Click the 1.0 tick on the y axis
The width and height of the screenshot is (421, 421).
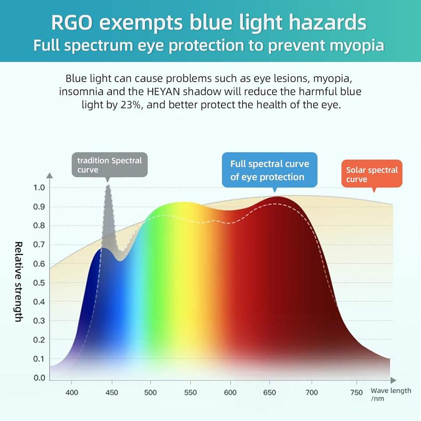39,188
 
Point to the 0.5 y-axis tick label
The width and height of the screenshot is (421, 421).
39,283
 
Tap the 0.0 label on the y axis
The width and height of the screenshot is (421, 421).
39,378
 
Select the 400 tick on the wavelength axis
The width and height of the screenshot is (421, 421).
72,392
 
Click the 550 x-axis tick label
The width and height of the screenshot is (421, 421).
190,392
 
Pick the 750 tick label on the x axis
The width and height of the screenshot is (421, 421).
357,392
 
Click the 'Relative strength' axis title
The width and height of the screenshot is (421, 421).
18,281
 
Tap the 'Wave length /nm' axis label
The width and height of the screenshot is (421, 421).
391,394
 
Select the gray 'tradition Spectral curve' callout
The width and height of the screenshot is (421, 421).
109,165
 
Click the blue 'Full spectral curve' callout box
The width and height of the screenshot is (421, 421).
269,170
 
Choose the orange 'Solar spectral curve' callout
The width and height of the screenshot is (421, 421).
371,174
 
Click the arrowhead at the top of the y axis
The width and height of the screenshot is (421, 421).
50,176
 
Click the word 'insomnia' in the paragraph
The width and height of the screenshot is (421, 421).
77,92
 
